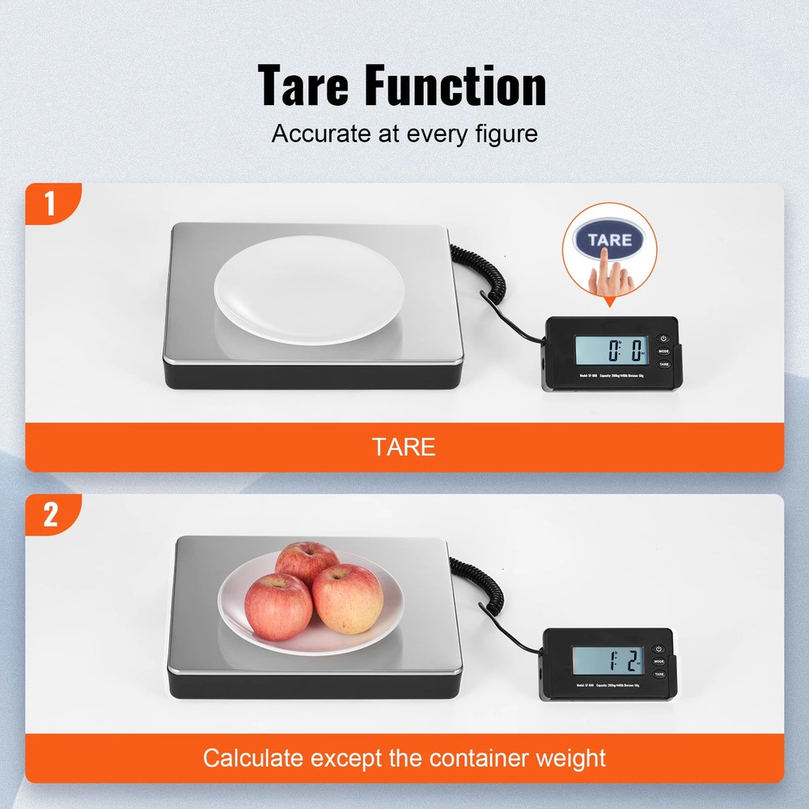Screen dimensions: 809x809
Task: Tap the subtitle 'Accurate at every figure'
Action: pos(404,133)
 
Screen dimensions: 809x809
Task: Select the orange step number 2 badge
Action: pos(50,515)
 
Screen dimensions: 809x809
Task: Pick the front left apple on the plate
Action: pos(277,606)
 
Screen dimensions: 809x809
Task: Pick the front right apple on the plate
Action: pos(348,598)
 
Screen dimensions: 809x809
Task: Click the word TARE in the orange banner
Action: pos(404,447)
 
